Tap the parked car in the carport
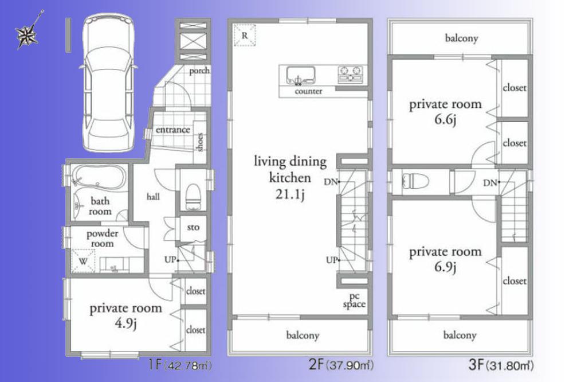(x=108, y=83)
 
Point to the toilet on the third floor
(x=416, y=182)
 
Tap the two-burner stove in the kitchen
(x=350, y=73)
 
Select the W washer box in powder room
(x=82, y=262)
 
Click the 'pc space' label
(x=354, y=300)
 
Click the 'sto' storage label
(x=193, y=228)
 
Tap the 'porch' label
(x=199, y=71)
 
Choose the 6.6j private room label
(x=445, y=112)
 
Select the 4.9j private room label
(x=125, y=315)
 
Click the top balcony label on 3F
(x=461, y=39)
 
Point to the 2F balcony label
(x=302, y=335)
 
